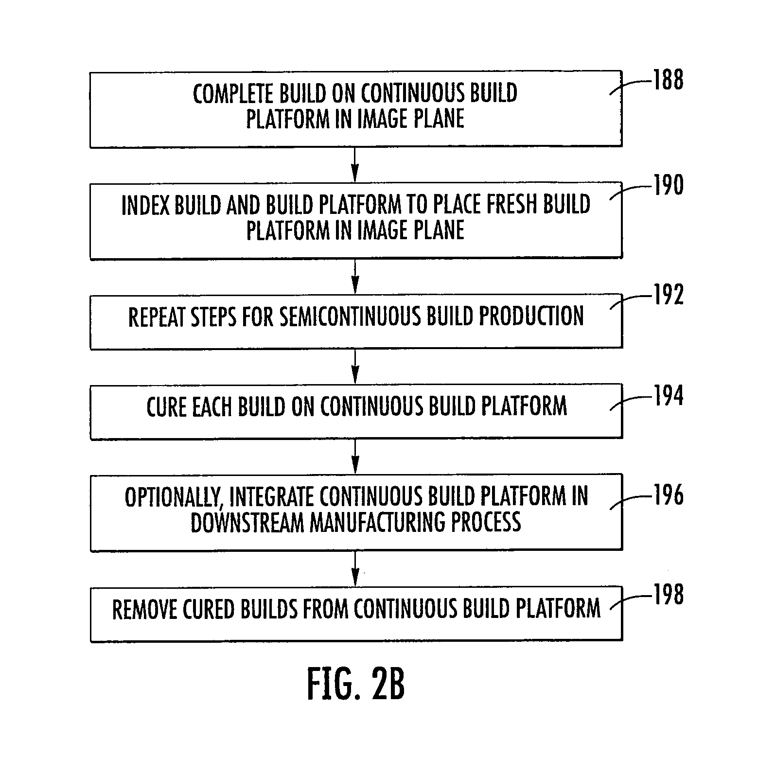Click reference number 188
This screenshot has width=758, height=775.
point(668,80)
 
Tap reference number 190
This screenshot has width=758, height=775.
point(668,185)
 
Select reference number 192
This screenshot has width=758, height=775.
point(668,295)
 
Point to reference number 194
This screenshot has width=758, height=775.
point(668,396)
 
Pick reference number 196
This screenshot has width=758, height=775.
point(668,495)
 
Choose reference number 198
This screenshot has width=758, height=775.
point(668,595)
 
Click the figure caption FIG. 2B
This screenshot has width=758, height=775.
point(356,684)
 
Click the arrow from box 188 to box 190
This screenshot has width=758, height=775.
point(355,165)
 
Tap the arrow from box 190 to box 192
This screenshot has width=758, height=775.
point(355,276)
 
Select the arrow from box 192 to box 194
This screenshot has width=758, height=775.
point(355,367)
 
